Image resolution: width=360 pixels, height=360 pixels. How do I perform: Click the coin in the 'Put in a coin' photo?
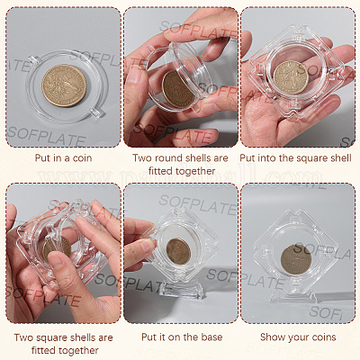pyautogui.click(x=64, y=85)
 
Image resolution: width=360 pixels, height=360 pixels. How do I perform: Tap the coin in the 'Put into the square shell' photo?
pyautogui.click(x=291, y=77)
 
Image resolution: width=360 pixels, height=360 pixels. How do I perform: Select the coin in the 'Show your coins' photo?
pyautogui.click(x=296, y=259)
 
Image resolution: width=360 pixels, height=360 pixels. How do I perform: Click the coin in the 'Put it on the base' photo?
pyautogui.click(x=178, y=251)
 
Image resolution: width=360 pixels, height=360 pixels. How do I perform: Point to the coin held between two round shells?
pyautogui.click(x=177, y=89)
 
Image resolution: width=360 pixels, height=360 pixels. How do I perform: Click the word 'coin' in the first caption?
pyautogui.click(x=82, y=158)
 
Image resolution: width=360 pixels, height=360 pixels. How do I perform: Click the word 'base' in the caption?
pyautogui.click(x=211, y=337)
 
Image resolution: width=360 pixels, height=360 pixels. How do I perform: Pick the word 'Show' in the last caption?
pyautogui.click(x=272, y=337)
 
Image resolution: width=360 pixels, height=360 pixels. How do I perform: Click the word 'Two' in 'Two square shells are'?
pyautogui.click(x=22, y=337)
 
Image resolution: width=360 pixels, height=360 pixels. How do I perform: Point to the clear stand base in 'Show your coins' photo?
pyautogui.click(x=293, y=296)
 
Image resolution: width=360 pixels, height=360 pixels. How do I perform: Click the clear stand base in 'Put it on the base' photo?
pyautogui.click(x=180, y=289)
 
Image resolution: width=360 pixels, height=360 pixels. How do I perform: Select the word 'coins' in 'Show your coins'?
pyautogui.click(x=324, y=337)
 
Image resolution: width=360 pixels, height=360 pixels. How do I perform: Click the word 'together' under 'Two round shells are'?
pyautogui.click(x=194, y=171)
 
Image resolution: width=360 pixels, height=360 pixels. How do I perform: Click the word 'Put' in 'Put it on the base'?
pyautogui.click(x=149, y=337)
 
